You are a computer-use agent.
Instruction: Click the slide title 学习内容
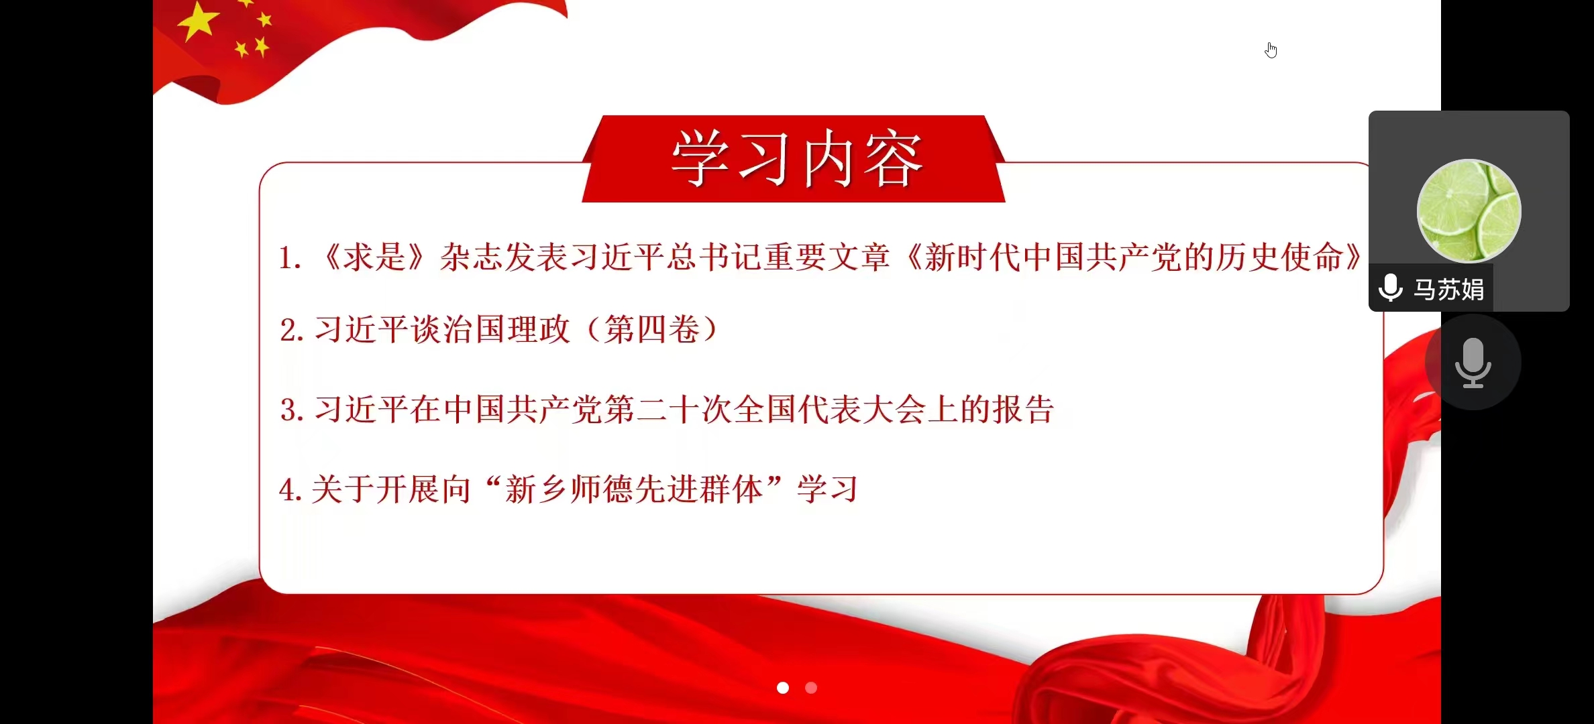point(797,159)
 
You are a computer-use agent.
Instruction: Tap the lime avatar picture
point(1469,211)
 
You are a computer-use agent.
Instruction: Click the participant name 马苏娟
point(1449,290)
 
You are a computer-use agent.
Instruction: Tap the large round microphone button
point(1473,362)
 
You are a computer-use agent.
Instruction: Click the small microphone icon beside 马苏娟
point(1391,288)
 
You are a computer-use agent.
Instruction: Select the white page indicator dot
point(783,688)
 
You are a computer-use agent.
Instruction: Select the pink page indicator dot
point(811,688)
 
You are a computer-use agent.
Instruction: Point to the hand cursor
point(1271,50)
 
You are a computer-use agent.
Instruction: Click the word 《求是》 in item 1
point(374,257)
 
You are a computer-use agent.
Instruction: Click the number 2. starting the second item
point(292,330)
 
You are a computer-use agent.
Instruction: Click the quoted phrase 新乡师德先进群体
point(634,489)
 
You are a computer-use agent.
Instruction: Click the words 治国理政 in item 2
point(507,330)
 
